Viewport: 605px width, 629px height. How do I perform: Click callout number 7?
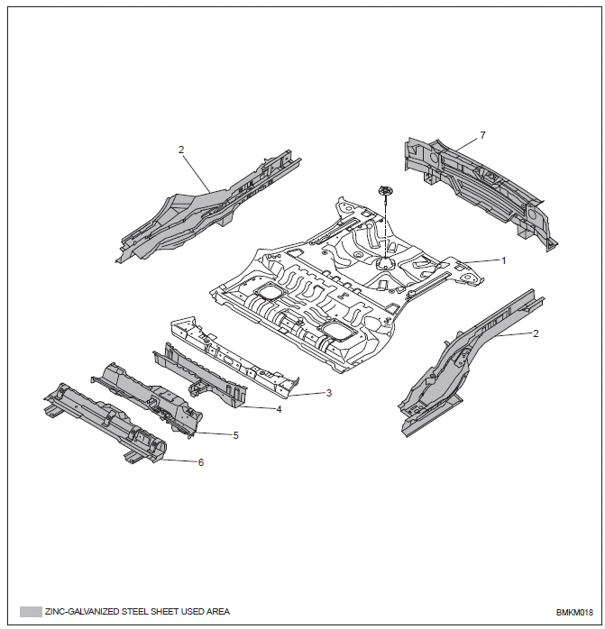coord(483,135)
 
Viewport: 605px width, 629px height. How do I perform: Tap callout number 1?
coord(504,260)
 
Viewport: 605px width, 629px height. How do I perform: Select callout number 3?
coord(329,393)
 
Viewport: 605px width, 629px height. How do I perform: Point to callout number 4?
coord(279,409)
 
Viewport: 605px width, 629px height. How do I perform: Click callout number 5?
coord(236,435)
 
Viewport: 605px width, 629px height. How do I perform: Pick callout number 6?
coord(201,462)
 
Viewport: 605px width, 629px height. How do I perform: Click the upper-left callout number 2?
coord(181,150)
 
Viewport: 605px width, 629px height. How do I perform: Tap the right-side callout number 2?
coord(536,333)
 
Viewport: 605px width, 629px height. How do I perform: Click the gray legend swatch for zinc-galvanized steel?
coord(31,612)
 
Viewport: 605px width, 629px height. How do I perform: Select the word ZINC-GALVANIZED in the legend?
coord(82,612)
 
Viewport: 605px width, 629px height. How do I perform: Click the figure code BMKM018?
coord(574,613)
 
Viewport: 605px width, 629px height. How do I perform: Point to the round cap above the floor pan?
coord(385,190)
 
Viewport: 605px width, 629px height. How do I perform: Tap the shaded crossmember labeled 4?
coord(200,375)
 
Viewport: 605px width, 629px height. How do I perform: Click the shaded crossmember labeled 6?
coord(105,424)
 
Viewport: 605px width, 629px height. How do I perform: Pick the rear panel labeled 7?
coord(481,188)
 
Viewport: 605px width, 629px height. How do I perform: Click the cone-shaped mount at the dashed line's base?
coord(385,263)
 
